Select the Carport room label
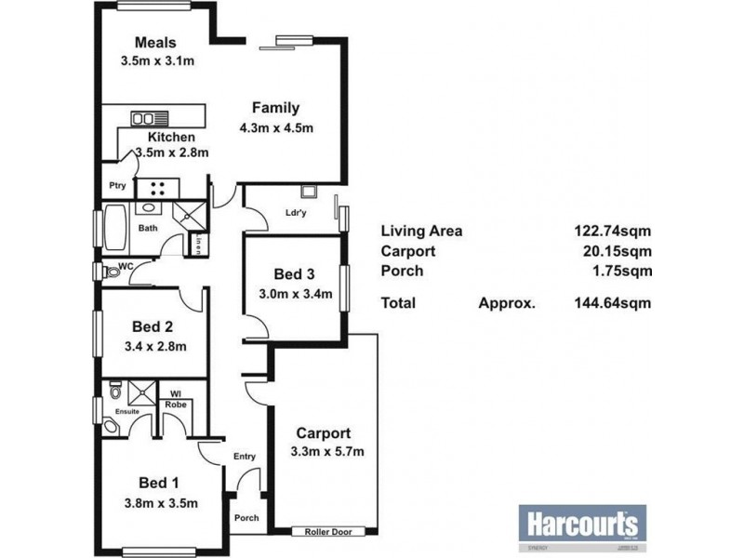coord(324,433)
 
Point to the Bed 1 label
coord(158,483)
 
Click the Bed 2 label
coord(153,326)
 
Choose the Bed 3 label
coord(294,274)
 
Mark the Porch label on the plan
coord(246,518)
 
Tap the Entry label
coord(244,456)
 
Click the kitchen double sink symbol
coord(145,118)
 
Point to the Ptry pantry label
coord(117,185)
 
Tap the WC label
coord(127,268)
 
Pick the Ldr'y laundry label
coord(297,213)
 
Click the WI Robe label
coord(174,399)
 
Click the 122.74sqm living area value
coord(611,232)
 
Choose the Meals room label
coord(155,43)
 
